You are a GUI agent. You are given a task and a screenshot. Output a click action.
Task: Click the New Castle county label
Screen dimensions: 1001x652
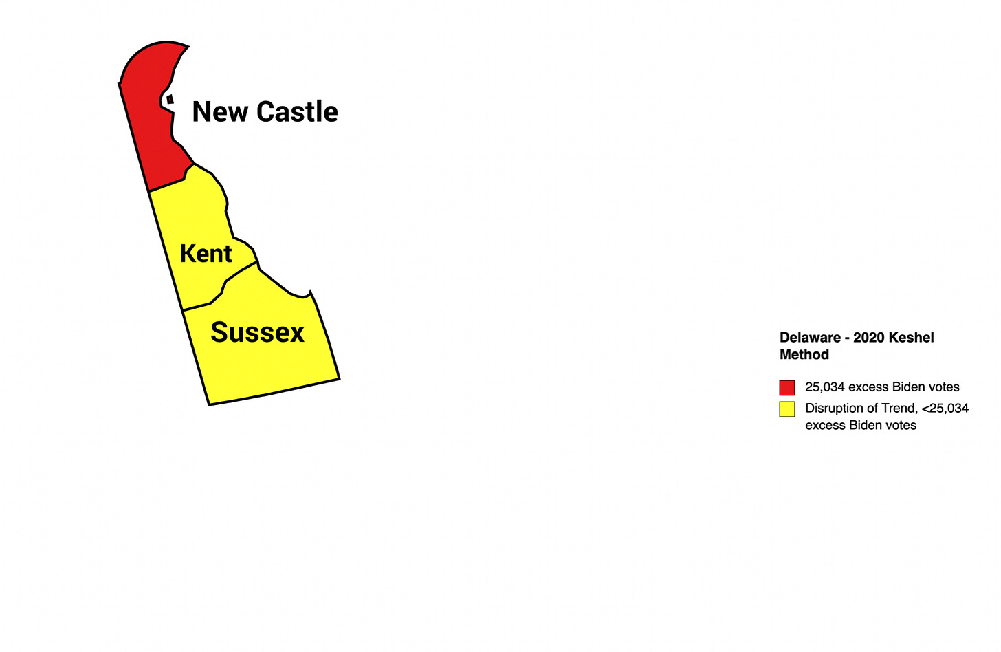[265, 111]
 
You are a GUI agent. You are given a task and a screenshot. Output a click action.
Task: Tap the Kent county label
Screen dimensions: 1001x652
[206, 254]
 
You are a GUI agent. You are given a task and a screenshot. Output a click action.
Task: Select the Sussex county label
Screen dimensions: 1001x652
[257, 332]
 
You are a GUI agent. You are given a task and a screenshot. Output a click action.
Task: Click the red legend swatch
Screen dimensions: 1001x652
[787, 387]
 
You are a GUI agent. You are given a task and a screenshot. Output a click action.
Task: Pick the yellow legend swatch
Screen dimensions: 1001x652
[787, 409]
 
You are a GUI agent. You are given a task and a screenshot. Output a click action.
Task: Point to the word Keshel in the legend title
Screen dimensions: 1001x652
[912, 338]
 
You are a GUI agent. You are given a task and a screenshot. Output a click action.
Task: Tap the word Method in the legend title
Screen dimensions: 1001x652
[804, 355]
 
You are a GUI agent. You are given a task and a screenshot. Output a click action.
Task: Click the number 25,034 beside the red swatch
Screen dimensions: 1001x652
[825, 387]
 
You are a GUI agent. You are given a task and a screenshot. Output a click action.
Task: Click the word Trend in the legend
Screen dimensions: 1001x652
[899, 409]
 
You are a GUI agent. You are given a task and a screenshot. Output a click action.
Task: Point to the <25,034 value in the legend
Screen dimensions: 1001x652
[945, 409]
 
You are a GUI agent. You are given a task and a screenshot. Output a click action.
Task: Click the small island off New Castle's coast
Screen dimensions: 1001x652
[170, 100]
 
